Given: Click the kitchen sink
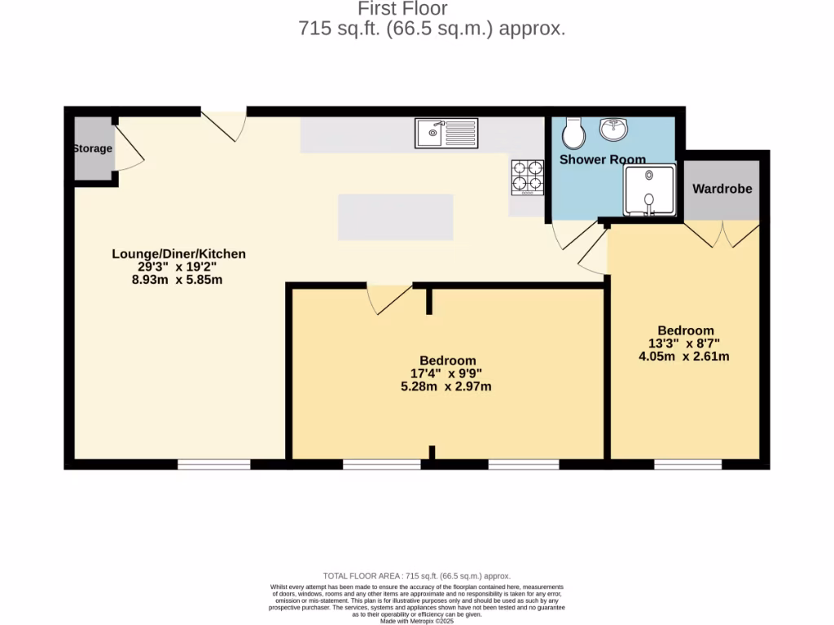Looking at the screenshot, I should click(x=446, y=133).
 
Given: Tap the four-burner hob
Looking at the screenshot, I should click(x=527, y=178).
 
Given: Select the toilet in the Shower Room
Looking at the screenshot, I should click(x=573, y=133).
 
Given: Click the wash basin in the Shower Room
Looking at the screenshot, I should click(x=612, y=129).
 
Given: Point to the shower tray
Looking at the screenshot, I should click(x=649, y=190).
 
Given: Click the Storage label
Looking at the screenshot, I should click(x=92, y=149).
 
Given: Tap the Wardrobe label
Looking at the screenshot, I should click(x=722, y=189).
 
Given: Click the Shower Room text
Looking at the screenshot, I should click(x=602, y=160).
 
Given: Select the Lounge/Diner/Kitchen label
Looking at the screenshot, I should click(x=178, y=254).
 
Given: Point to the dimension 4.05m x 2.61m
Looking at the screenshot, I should click(x=684, y=356).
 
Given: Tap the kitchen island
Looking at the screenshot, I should click(x=395, y=216).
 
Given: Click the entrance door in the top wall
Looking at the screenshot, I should click(x=223, y=124).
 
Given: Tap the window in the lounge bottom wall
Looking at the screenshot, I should click(x=213, y=465).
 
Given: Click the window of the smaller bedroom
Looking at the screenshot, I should click(x=687, y=465).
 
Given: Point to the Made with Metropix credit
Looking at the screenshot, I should click(x=417, y=621).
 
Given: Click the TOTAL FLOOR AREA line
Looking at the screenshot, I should click(x=417, y=576).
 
